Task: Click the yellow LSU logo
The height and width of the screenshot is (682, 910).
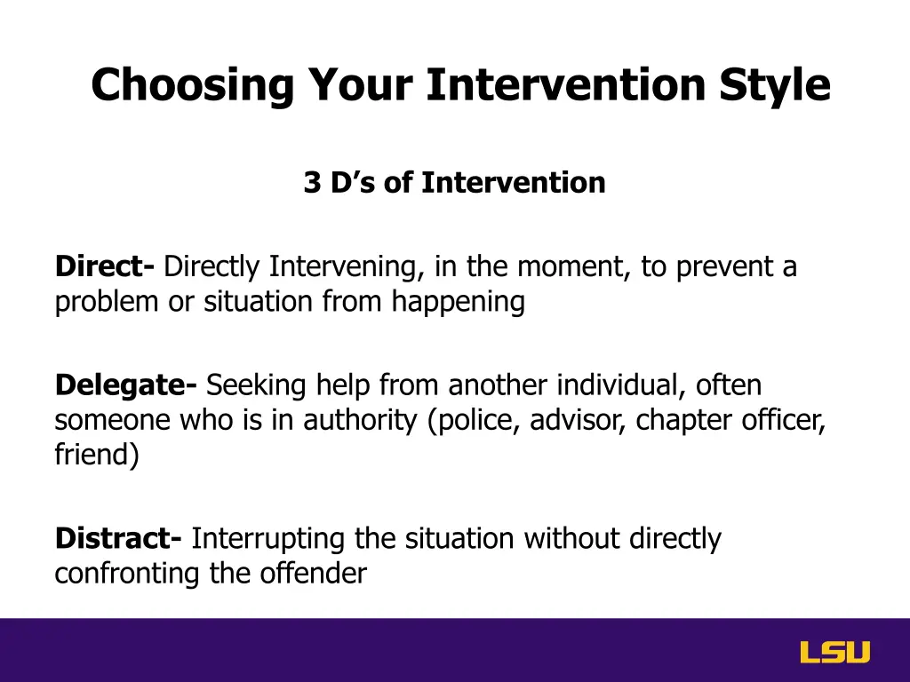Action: (835, 652)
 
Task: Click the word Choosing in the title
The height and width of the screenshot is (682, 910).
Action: (193, 86)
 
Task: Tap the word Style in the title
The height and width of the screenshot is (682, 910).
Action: (775, 86)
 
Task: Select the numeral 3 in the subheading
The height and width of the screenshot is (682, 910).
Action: (312, 183)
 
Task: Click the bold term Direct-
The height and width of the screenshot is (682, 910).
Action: (105, 266)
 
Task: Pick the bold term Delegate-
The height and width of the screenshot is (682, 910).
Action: (126, 386)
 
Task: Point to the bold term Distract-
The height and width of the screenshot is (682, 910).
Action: (118, 538)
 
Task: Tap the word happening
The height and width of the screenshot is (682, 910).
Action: (458, 303)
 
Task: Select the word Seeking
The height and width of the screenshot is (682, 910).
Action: (256, 386)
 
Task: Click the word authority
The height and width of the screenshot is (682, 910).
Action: (360, 421)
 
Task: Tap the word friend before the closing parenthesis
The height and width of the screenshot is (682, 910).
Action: (92, 454)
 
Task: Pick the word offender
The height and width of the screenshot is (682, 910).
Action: (314, 573)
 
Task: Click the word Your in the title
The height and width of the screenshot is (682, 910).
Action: (360, 86)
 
